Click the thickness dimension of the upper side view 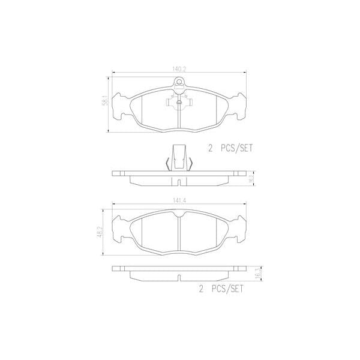[x=251, y=178]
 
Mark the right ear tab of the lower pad [x=241, y=231]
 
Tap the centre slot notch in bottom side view [x=180, y=277]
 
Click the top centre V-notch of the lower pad [x=180, y=215]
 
